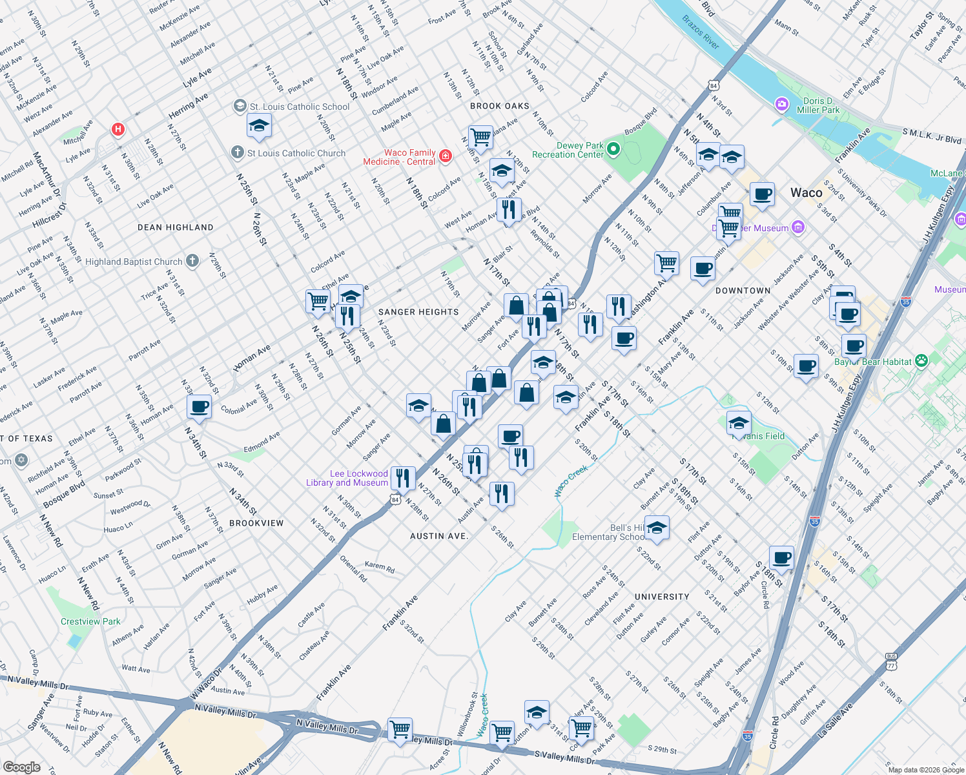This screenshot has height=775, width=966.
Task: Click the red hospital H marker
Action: (x=118, y=129)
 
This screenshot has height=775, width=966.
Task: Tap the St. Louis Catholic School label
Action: (x=300, y=107)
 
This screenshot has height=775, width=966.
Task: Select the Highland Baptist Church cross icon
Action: (x=192, y=261)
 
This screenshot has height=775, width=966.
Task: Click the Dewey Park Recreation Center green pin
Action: (x=613, y=150)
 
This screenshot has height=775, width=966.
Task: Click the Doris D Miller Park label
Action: (x=818, y=105)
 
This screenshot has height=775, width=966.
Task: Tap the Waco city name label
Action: (x=807, y=192)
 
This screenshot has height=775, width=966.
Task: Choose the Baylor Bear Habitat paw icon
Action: (x=921, y=361)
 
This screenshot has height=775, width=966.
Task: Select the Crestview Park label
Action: (x=90, y=621)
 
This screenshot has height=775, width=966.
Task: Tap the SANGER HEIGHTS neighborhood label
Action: (x=418, y=312)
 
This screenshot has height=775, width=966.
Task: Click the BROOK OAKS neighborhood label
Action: (x=500, y=106)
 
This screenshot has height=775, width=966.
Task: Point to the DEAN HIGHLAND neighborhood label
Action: (x=176, y=227)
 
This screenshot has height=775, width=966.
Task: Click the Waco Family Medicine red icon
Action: (x=445, y=156)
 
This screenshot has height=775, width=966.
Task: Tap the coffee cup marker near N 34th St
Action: (x=200, y=407)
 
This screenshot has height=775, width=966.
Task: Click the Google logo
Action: (x=21, y=767)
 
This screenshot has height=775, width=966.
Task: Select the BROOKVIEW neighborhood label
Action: (x=256, y=523)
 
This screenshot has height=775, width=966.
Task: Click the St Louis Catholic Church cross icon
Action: (x=238, y=152)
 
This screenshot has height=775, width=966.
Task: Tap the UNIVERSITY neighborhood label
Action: (x=662, y=597)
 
